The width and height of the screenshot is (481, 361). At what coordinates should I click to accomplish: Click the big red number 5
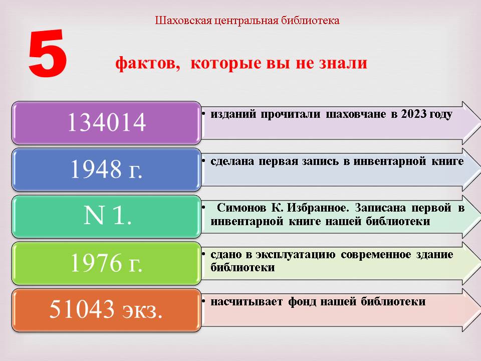[x=48, y=53]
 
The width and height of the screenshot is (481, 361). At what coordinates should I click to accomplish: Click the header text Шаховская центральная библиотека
[x=247, y=21]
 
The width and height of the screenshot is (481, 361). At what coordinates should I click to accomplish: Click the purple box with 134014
[x=106, y=123]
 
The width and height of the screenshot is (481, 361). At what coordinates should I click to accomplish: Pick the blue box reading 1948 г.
[x=106, y=170]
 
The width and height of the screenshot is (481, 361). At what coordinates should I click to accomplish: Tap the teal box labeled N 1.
[x=106, y=217]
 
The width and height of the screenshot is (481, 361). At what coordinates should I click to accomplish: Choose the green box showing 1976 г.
[x=106, y=263]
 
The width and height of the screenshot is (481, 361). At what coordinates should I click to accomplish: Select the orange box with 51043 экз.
[x=106, y=310]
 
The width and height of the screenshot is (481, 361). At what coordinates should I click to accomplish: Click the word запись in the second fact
[x=320, y=161]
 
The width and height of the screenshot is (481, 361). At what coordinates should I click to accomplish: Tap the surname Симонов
[x=242, y=208]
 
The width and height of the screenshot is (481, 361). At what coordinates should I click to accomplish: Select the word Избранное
[x=318, y=208]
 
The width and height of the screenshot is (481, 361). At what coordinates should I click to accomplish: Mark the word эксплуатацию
[x=296, y=255]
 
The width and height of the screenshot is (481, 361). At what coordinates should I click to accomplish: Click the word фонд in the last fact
[x=302, y=302]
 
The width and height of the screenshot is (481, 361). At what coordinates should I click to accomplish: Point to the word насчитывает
[x=247, y=302]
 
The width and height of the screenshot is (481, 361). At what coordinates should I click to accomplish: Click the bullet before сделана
[x=203, y=160]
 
